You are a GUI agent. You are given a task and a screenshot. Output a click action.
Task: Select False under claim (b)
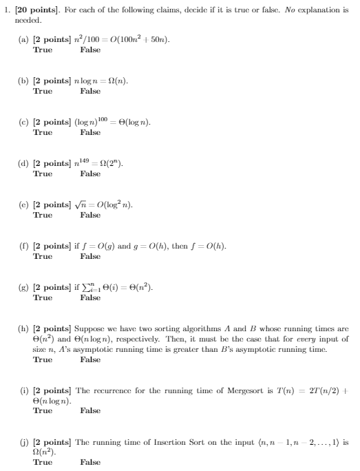pos(89,91)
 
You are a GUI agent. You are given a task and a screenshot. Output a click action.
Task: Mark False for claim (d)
pos(89,174)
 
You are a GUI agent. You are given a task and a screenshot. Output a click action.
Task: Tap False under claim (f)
pos(89,256)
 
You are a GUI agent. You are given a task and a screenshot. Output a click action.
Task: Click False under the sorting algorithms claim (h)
pos(89,359)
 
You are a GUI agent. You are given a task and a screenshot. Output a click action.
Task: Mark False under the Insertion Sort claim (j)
pos(89,462)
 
